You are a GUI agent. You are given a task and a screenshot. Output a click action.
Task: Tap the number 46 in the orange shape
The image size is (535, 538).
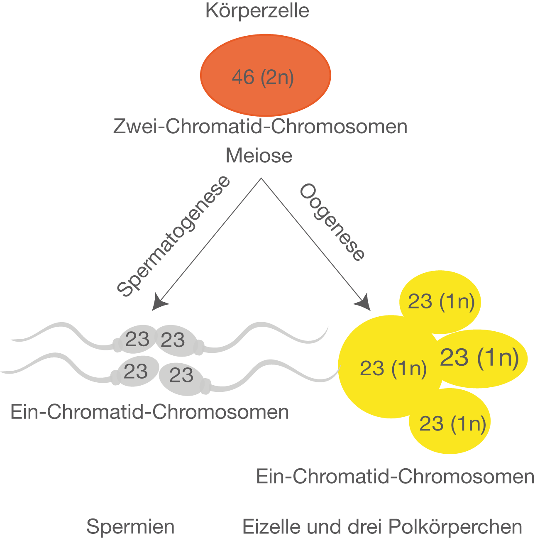tap(243, 78)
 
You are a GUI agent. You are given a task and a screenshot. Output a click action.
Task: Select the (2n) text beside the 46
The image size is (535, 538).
tap(277, 78)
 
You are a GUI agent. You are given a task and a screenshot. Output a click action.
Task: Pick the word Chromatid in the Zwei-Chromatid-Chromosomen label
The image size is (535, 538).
tap(215, 127)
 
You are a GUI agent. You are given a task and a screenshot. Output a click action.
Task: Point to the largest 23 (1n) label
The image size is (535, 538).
tap(479, 357)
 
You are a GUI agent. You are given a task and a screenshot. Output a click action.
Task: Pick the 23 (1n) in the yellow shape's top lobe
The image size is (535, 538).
tap(441, 301)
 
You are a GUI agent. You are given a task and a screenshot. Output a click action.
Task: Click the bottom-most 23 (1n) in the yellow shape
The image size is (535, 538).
tap(452, 424)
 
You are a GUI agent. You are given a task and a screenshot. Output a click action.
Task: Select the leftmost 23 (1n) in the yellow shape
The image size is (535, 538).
tap(393, 368)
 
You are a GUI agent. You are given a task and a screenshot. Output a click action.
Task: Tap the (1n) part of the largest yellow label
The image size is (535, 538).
tap(498, 357)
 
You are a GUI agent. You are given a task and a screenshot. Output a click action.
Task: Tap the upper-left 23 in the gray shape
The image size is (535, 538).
tap(137, 339)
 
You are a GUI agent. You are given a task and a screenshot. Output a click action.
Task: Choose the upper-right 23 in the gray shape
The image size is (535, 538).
tap(173, 340)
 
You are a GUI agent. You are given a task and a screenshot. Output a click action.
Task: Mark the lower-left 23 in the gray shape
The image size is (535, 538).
tap(136, 371)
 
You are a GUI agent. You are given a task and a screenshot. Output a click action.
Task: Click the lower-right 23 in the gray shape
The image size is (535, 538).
tap(181, 375)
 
